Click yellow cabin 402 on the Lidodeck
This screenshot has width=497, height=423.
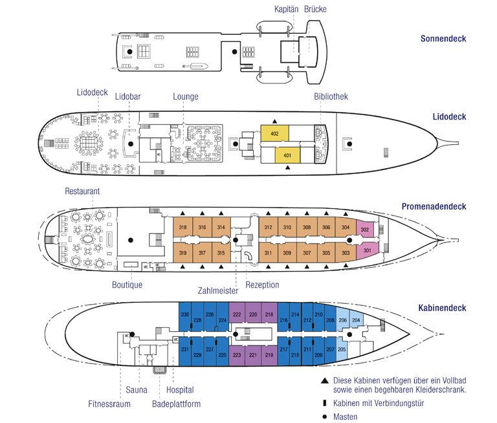[274, 134]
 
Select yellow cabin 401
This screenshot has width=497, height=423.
[288, 155]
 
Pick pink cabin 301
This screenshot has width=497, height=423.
[368, 250]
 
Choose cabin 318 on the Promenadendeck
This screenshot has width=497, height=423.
[183, 228]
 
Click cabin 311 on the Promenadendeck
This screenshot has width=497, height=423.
[268, 253]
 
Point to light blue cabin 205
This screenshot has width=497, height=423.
[342, 350]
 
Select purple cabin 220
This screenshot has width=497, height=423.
[253, 314]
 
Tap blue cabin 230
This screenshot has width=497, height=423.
[185, 315]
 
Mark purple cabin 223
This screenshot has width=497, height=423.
[236, 354]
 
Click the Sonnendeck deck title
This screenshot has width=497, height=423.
[443, 39]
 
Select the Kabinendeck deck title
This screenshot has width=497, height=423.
[442, 309]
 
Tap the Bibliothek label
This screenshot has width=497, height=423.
[331, 96]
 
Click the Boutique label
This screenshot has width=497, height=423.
[127, 285]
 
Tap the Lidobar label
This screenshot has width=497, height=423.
[128, 97]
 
